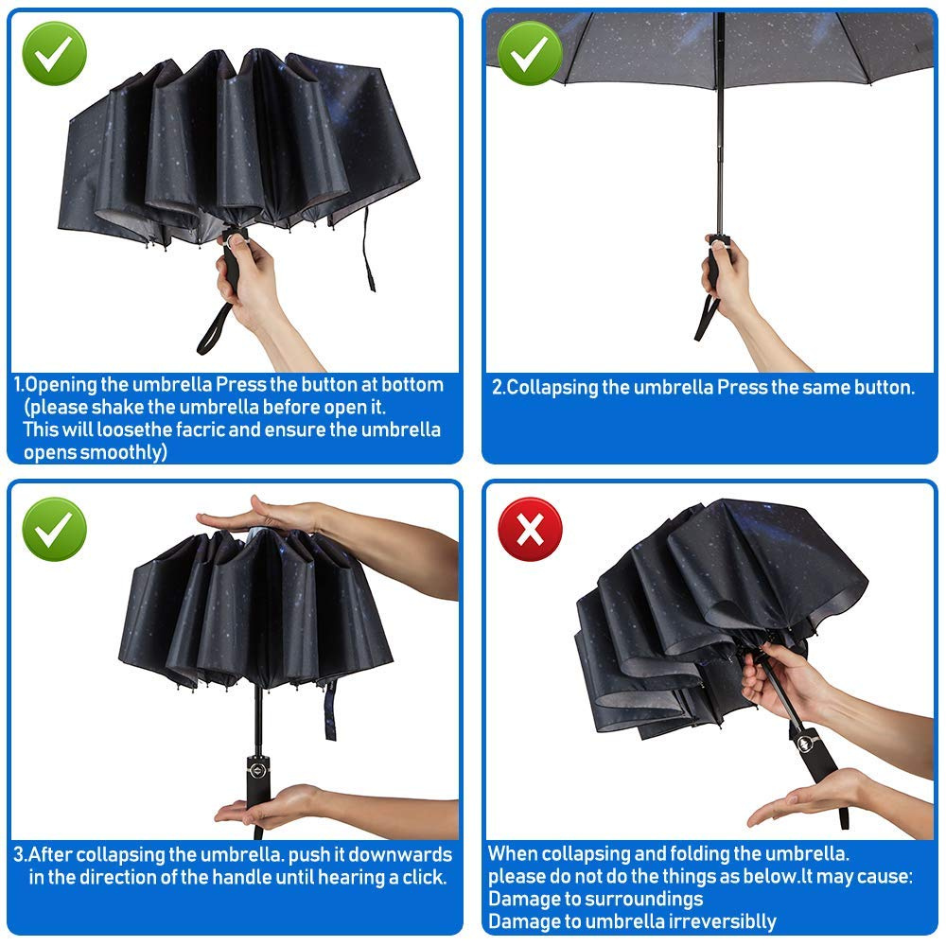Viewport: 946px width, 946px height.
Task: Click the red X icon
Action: coord(530,529)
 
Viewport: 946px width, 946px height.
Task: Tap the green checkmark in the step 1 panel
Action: coord(54,53)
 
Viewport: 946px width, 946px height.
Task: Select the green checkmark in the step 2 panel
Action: coord(530,53)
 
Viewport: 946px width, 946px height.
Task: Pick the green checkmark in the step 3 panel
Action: coord(54,529)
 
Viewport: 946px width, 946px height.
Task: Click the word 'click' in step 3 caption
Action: coord(425,877)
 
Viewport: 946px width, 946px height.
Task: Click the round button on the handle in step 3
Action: coord(257,770)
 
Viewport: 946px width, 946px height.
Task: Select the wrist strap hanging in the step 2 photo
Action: coord(706,317)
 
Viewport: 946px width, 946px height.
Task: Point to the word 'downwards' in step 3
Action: coord(400,854)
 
